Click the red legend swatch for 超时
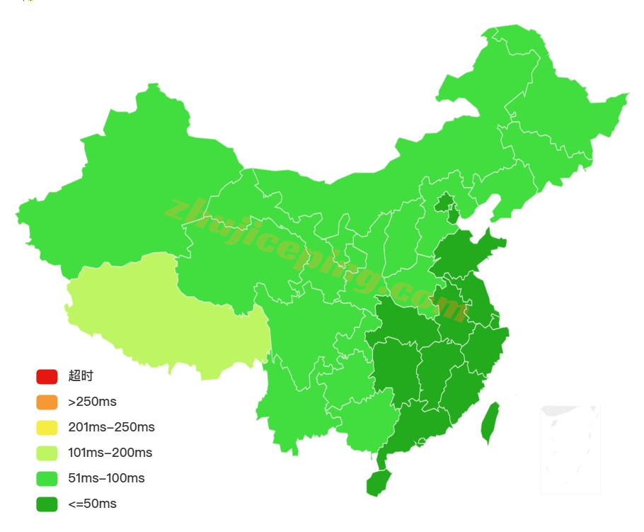pos(47,376)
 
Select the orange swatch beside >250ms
pos(47,402)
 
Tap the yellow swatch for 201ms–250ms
pos(47,427)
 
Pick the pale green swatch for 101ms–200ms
pos(47,453)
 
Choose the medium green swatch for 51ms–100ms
pos(47,478)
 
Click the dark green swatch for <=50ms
pos(47,504)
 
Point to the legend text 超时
pos(81,376)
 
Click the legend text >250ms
pos(92,402)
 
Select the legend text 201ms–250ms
pos(111,427)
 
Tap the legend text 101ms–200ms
pos(110,453)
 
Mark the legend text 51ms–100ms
pos(106,478)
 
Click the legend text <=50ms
pos(92,504)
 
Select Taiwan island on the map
pos(489,423)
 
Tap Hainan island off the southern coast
pos(378,482)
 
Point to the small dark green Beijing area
pos(444,204)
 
